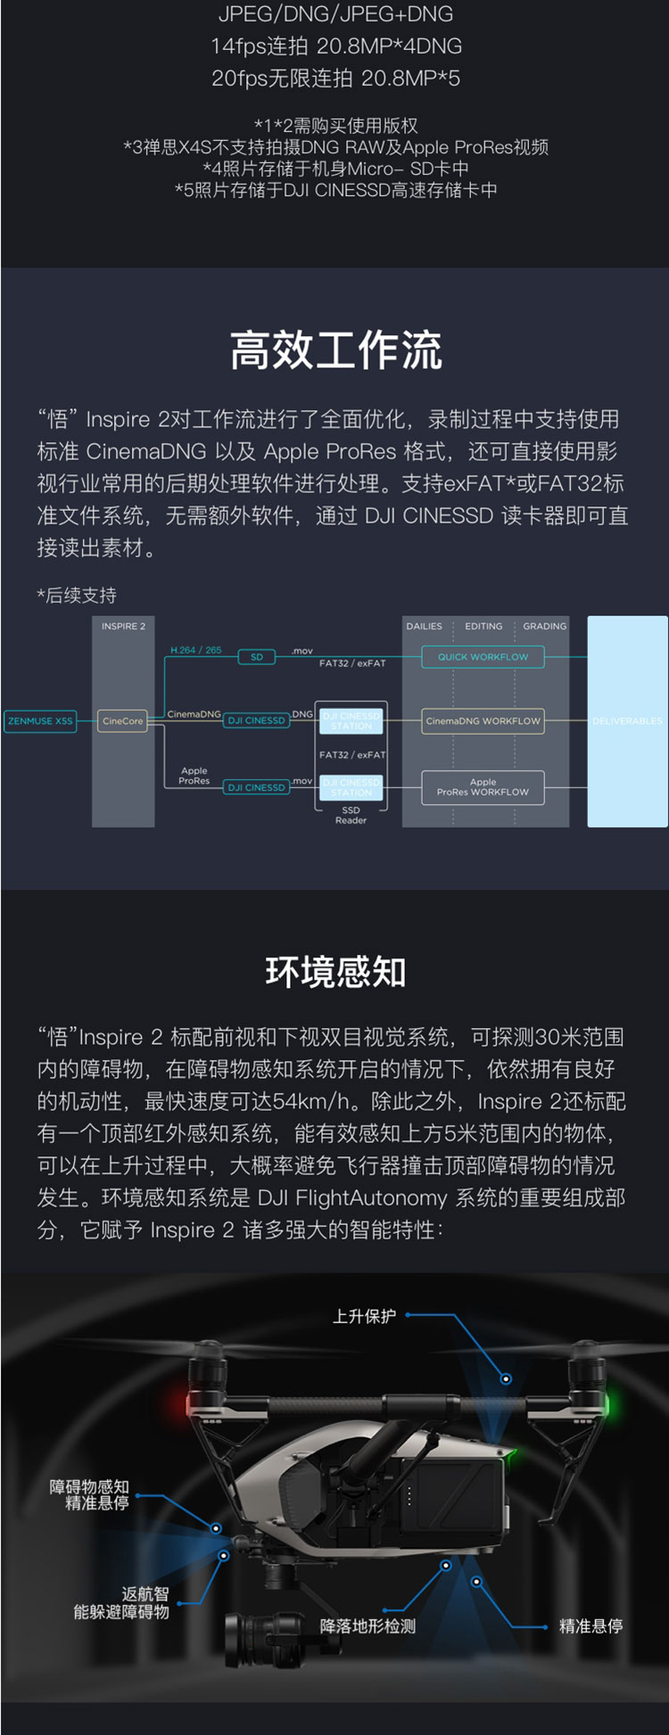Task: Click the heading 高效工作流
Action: coord(335,349)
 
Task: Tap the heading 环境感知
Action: coord(335,972)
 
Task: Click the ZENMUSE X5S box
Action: coord(40,721)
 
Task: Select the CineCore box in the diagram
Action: coord(123,721)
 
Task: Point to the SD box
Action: coord(257,657)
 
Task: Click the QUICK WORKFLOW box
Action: coord(483,657)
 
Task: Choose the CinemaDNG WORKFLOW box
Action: coord(483,721)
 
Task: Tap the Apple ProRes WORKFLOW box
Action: coord(483,787)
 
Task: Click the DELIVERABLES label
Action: coord(627,721)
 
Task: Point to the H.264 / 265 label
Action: coord(196,650)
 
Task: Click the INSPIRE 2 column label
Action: coord(123,627)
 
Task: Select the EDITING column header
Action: coord(483,627)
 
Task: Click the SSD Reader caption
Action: coord(351,816)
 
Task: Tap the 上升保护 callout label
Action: coord(364,1317)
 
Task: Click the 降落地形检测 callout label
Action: coord(368,1626)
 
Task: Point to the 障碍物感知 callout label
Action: coord(89,1487)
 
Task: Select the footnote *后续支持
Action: coord(77,596)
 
